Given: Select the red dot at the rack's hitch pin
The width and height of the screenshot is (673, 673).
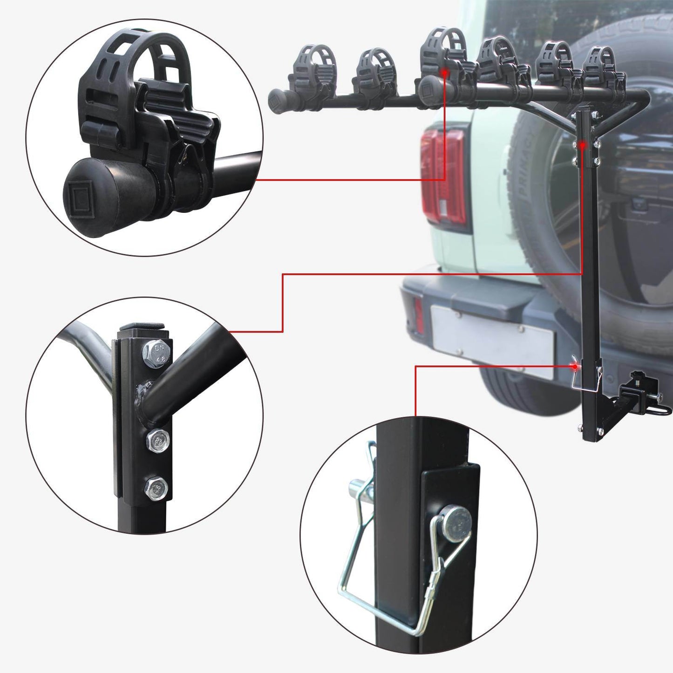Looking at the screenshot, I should coord(576,367).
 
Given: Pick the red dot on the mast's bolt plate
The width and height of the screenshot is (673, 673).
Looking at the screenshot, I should coord(582,145).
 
